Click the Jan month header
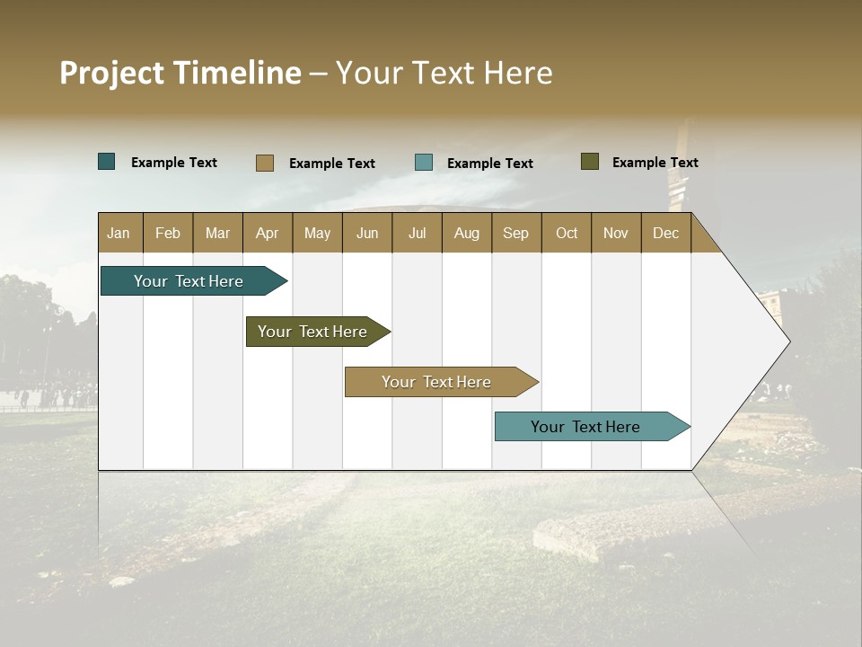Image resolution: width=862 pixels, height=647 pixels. pos(119,233)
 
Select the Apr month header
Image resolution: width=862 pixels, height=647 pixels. pos(267,233)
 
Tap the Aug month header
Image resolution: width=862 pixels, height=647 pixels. pos(466,233)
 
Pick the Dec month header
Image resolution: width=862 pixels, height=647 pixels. pos(665,233)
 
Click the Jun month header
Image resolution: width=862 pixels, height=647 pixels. pos(366,233)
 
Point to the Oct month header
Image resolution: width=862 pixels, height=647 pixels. pos(566,233)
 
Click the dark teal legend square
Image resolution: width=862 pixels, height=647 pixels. pos(106,162)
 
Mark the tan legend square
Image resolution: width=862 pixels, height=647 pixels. pos(264,163)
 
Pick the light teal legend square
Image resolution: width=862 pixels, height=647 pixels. pos(423,163)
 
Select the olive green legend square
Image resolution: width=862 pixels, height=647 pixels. pos(589,162)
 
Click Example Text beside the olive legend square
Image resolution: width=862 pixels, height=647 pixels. pos(655,162)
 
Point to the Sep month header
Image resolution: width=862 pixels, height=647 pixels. pos(515,233)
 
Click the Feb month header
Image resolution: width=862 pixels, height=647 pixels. pos(167,233)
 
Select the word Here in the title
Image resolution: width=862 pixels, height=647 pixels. pos(518,73)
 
